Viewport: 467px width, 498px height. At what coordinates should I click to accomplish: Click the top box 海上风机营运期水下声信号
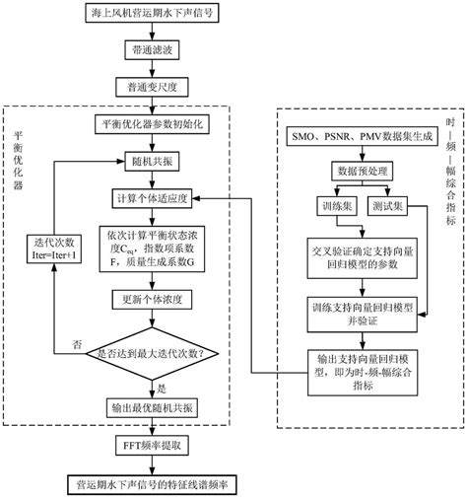pyautogui.click(x=152, y=13)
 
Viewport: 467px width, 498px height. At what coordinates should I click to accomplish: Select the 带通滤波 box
pyautogui.click(x=152, y=48)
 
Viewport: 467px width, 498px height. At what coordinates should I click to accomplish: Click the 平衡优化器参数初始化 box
pyautogui.click(x=152, y=125)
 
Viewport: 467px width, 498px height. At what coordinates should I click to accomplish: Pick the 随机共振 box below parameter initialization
pyautogui.click(x=152, y=161)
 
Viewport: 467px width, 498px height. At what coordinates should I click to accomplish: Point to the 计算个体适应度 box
pyautogui.click(x=152, y=197)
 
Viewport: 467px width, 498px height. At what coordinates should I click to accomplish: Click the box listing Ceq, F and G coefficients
pyautogui.click(x=152, y=244)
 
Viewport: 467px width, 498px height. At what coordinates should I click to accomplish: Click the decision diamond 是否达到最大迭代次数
pyautogui.click(x=152, y=351)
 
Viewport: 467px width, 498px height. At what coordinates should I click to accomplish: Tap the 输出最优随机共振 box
pyautogui.click(x=152, y=406)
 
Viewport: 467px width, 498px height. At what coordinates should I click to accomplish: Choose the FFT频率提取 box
pyautogui.click(x=152, y=446)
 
